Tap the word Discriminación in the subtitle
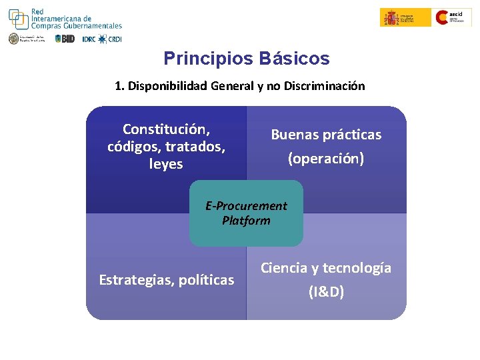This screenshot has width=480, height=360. pyautogui.click(x=326, y=86)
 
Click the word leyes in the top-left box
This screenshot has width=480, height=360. pyautogui.click(x=166, y=164)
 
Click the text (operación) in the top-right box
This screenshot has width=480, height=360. pyautogui.click(x=326, y=159)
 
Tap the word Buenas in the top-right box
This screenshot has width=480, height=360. pyautogui.click(x=296, y=135)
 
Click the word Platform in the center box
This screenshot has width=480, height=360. pyautogui.click(x=246, y=221)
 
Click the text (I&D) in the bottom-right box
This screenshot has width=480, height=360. pyautogui.click(x=326, y=292)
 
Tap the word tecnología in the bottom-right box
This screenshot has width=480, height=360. pyautogui.click(x=358, y=268)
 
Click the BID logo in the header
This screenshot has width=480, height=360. pyautogui.click(x=65, y=39)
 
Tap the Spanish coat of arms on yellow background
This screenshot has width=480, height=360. pyautogui.click(x=391, y=17)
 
